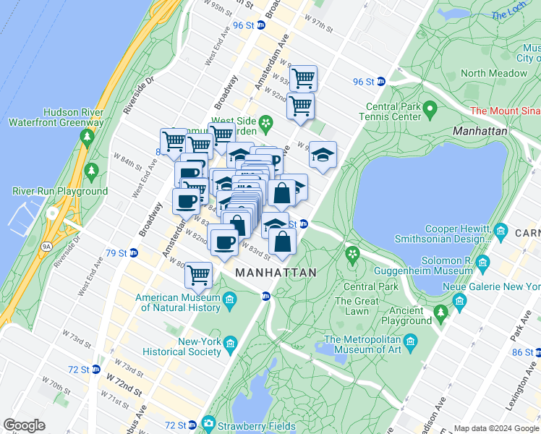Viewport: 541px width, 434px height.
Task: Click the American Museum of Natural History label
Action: pyautogui.click(x=177, y=302)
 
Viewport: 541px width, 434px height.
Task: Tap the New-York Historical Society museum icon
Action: pyautogui.click(x=231, y=341)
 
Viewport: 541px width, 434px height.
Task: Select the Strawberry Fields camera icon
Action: pyautogui.click(x=209, y=423)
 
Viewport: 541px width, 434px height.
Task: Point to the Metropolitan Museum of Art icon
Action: pyautogui.click(x=410, y=340)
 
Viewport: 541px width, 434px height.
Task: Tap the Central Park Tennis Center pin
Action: pyautogui.click(x=430, y=109)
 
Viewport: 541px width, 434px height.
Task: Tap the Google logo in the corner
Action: pyautogui.click(x=24, y=425)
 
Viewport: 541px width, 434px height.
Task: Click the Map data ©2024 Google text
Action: pyautogui.click(x=496, y=428)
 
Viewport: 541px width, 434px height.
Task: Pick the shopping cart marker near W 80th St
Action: pyautogui.click(x=198, y=274)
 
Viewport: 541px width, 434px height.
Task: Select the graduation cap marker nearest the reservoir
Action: pyautogui.click(x=323, y=154)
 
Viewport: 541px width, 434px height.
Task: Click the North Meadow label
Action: pyautogui.click(x=494, y=73)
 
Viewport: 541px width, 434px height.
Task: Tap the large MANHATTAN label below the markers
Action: pyautogui.click(x=276, y=273)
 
